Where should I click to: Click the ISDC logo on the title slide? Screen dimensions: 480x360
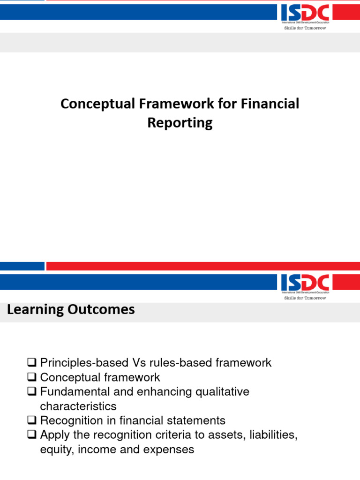pyautogui.click(x=305, y=13)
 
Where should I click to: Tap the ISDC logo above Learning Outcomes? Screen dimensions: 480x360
pyautogui.click(x=305, y=283)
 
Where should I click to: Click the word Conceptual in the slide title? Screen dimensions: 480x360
pyautogui.click(x=97, y=104)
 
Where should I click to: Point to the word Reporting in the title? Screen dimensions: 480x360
pyautogui.click(x=180, y=123)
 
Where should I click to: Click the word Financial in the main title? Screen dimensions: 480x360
pyautogui.click(x=270, y=104)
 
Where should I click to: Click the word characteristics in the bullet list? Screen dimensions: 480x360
pyautogui.click(x=78, y=406)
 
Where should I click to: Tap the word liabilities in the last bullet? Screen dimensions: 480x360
pyautogui.click(x=275, y=435)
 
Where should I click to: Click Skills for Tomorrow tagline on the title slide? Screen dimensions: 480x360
pyautogui.click(x=305, y=28)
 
